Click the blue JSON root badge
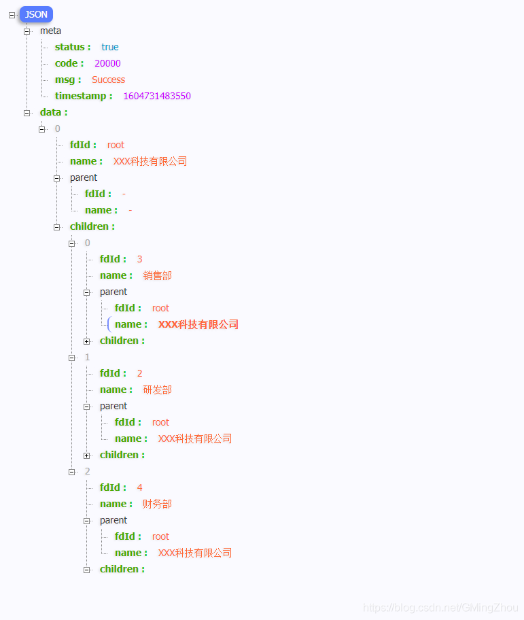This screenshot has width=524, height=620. [x=36, y=14]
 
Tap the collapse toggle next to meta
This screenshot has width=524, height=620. [x=27, y=31]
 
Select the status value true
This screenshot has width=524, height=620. [x=110, y=47]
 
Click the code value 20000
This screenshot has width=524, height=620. [x=107, y=63]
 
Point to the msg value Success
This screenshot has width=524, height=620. [x=108, y=80]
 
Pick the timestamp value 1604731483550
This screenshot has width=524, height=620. [x=157, y=96]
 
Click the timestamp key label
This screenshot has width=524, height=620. [x=83, y=96]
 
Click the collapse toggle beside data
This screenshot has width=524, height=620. [x=27, y=113]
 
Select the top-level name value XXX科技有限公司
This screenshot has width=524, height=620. [x=150, y=161]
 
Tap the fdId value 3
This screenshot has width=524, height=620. [x=139, y=259]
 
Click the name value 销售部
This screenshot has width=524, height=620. [x=158, y=275]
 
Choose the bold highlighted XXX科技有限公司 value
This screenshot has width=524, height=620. [x=198, y=324]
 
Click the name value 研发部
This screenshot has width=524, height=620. [x=158, y=390]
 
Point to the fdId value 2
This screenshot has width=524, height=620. [x=139, y=373]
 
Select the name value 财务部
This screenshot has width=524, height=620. [x=158, y=504]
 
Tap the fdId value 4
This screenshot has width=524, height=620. [x=139, y=487]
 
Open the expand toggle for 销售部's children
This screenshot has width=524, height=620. [x=87, y=341]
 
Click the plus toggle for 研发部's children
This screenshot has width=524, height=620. [x=87, y=455]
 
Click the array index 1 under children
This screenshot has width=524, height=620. [x=87, y=357]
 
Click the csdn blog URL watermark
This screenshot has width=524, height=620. [x=440, y=608]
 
